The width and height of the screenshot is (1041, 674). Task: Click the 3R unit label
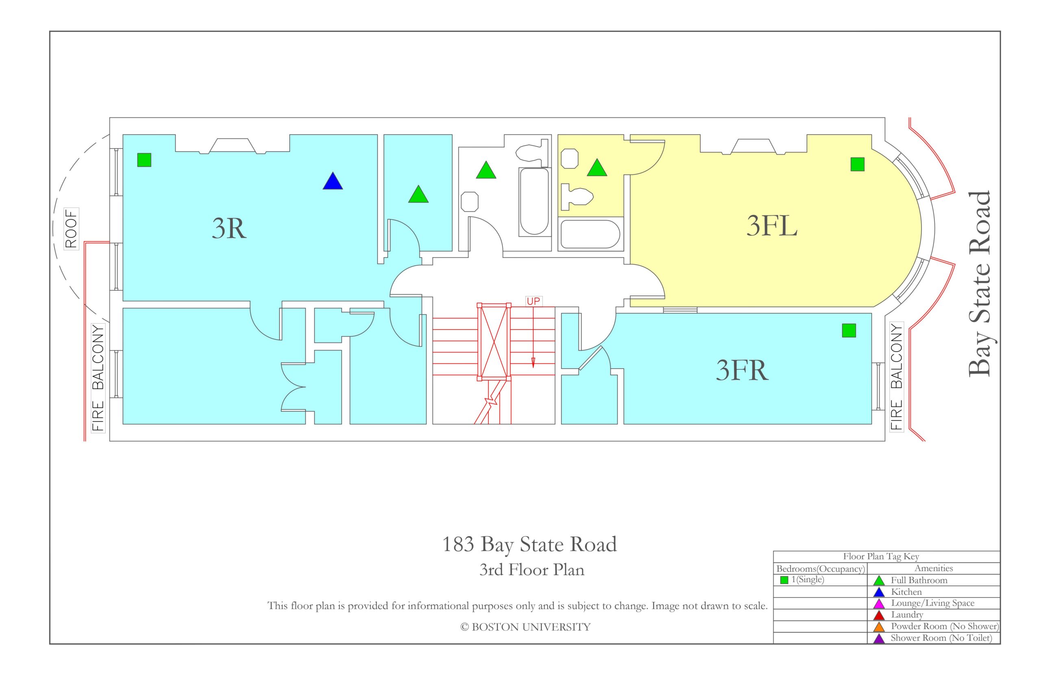click(x=229, y=228)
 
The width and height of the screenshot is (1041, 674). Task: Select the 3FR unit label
click(x=742, y=370)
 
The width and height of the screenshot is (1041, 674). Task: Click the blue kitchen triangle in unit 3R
click(x=332, y=181)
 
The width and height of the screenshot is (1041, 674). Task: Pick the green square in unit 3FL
click(x=857, y=164)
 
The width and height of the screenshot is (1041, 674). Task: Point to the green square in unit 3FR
click(x=849, y=330)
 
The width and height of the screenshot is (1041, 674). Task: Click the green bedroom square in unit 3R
click(x=144, y=160)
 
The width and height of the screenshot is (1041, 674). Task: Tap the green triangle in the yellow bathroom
click(x=597, y=168)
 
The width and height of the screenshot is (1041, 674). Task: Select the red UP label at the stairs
click(x=533, y=301)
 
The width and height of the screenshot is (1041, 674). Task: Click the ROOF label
click(x=71, y=228)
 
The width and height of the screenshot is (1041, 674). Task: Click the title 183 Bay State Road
click(x=529, y=545)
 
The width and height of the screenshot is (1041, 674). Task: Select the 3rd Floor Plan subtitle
click(x=531, y=570)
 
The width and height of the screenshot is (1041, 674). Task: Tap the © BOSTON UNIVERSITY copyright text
click(x=525, y=627)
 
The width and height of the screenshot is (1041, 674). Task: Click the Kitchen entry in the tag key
click(x=906, y=592)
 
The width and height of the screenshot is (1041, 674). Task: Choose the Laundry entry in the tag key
click(x=907, y=615)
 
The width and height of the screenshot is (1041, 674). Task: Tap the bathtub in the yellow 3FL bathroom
click(x=590, y=234)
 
